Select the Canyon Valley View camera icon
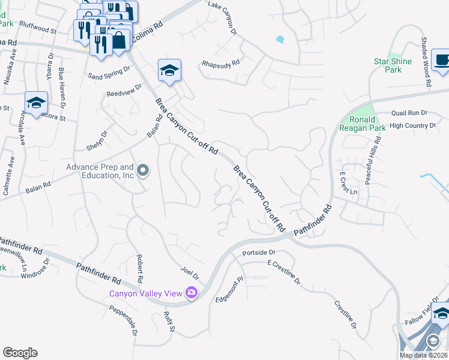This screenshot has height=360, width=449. [x=191, y=293]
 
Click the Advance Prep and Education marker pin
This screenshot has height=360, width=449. [x=143, y=171]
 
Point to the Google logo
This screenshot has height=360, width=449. [x=20, y=353]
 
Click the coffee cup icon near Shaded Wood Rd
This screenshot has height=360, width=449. [x=442, y=61]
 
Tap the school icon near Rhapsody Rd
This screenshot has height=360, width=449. [x=169, y=71]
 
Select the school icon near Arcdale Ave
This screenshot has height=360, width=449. [x=36, y=103]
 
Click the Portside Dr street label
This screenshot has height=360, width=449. [x=259, y=253]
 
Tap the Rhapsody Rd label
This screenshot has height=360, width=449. [x=221, y=62]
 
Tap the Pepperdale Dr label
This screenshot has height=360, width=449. [x=124, y=320]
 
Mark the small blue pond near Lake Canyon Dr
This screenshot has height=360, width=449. [x=280, y=40]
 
